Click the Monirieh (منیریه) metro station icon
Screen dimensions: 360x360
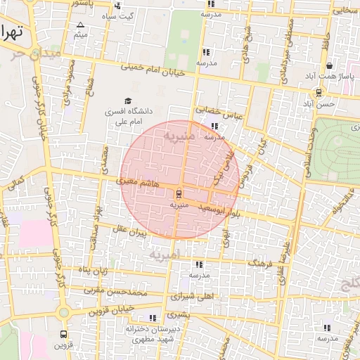(x=178, y=193)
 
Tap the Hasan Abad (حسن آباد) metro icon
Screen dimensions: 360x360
(x=319, y=92)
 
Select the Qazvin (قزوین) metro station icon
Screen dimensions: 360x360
(x=64, y=335)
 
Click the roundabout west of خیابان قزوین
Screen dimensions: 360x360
(x=64, y=311)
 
